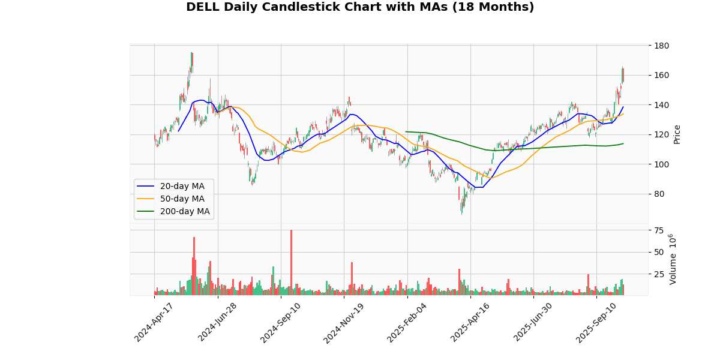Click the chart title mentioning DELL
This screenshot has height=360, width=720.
(x=360, y=7)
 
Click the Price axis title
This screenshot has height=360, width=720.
(x=677, y=134)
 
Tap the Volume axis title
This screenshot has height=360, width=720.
(x=673, y=259)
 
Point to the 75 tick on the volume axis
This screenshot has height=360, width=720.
(x=659, y=230)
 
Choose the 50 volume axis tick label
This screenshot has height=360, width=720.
(x=659, y=252)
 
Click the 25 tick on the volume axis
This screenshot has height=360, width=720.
(x=659, y=274)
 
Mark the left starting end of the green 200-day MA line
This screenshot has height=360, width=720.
(x=406, y=131)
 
